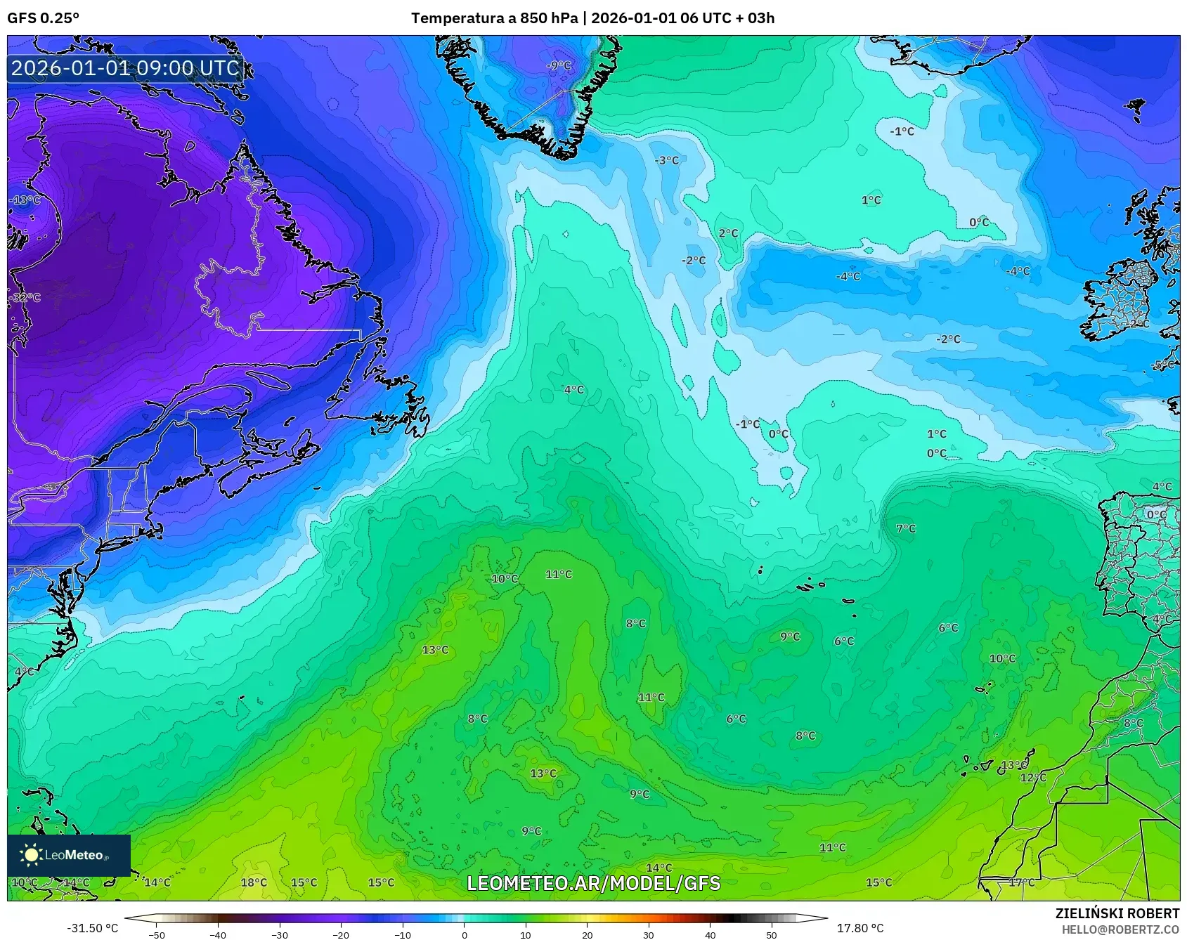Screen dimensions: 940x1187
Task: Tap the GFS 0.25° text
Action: coord(43,18)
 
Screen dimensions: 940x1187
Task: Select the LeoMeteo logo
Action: coord(68,855)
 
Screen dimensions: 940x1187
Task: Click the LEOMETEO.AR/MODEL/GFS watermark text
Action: coord(593,883)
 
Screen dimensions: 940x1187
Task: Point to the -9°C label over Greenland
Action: coord(559,65)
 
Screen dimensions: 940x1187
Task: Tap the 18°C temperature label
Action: coord(254,882)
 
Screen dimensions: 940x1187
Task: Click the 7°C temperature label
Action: coord(906,528)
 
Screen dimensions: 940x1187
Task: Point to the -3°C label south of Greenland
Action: coord(666,160)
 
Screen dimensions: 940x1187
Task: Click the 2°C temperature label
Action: coord(728,233)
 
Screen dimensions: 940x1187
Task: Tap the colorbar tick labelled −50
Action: coord(157,934)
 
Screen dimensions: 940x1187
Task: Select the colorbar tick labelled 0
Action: coord(464,934)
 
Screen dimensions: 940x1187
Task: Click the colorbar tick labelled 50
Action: coord(772,934)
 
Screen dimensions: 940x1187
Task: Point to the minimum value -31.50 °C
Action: coord(92,928)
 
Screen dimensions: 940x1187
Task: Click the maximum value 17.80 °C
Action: coord(860,928)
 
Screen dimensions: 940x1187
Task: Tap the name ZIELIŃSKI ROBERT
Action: coord(1117,913)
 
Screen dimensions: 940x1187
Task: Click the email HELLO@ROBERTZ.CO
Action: coord(1120,929)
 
